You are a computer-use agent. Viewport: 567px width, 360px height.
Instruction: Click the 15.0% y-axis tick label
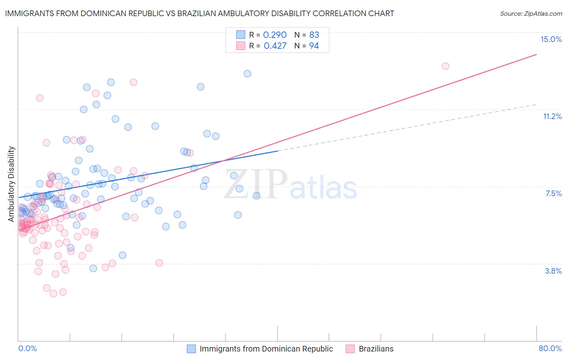[x=551, y=39]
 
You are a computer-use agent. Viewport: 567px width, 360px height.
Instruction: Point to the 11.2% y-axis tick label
[x=552, y=116]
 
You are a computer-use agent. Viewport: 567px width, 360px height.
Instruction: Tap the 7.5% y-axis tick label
[x=553, y=193]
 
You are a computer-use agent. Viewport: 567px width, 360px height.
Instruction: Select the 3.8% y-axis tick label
[x=553, y=271]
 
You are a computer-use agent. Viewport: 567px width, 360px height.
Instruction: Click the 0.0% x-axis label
[x=27, y=348]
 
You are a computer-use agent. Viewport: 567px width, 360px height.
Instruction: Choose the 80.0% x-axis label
[x=550, y=348]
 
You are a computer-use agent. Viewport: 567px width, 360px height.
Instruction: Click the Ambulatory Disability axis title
[x=11, y=184]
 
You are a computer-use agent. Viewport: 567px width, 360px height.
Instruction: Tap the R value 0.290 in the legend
[x=275, y=35]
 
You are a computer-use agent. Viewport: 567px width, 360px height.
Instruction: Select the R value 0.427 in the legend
[x=275, y=46]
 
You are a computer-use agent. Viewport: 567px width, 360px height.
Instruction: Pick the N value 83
[x=314, y=35]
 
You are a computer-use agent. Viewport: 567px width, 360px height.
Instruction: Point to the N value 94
[x=314, y=46]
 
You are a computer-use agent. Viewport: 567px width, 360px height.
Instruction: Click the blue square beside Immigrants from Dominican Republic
[x=191, y=349]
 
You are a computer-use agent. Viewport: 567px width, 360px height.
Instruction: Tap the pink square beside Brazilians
[x=350, y=349]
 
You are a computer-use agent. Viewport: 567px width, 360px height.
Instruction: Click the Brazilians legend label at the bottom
[x=376, y=349]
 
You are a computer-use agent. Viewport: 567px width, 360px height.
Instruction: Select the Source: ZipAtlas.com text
[x=531, y=14]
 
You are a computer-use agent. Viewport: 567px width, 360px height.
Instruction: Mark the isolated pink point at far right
[x=445, y=66]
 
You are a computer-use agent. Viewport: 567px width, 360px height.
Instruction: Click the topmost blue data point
[x=247, y=73]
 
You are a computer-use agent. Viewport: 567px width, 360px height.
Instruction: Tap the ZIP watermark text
[x=256, y=184]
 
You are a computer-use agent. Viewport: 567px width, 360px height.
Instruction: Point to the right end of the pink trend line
[x=536, y=54]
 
